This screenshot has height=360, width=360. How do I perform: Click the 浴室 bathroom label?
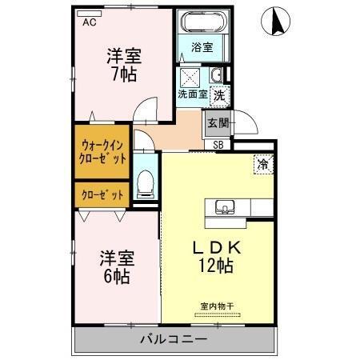click(202, 47)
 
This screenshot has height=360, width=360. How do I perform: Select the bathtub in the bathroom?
click(202, 24)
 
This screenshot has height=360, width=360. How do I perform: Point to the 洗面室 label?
click(192, 94)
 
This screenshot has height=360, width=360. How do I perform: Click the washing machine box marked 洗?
click(218, 94)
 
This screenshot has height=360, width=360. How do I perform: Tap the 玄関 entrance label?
click(218, 122)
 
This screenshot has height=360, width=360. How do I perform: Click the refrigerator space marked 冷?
click(262, 164)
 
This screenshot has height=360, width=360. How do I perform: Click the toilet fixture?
click(145, 183)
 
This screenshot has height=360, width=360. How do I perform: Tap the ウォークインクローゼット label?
click(103, 151)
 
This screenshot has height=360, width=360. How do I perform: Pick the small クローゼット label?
click(102, 194)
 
